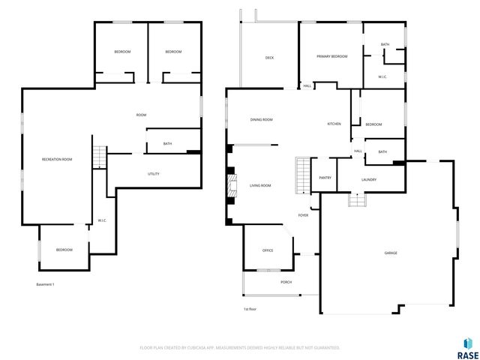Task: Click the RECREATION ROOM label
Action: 57,159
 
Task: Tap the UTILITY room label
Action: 153,174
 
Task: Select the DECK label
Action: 269,58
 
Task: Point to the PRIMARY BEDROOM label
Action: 331,56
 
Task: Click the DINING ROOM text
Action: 261,119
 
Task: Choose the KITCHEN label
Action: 334,124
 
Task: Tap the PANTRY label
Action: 325,178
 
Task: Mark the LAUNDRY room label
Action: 368,179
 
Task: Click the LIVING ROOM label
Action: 260,184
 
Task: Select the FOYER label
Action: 303,215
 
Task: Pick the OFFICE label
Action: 267,250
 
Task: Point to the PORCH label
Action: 286,282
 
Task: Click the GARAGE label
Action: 391,253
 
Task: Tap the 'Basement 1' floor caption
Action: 46,284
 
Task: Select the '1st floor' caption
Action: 250,309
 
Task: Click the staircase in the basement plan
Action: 100,157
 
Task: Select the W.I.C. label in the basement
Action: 101,220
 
